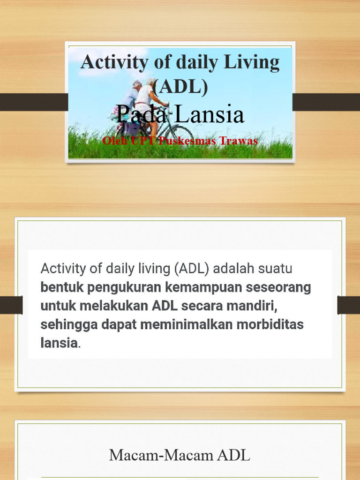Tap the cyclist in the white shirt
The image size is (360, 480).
click(146, 101)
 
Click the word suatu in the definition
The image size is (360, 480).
click(275, 269)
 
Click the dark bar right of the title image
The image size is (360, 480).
click(326, 102)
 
